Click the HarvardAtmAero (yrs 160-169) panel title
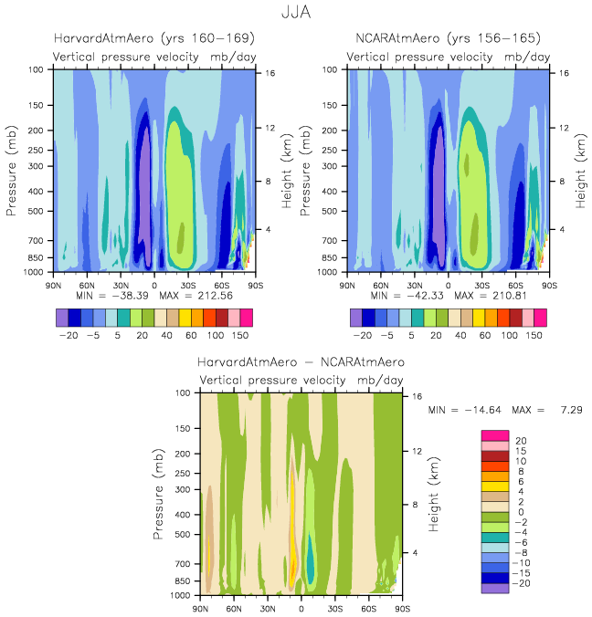pyautogui.click(x=153, y=38)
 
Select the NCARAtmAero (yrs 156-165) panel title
pyautogui.click(x=448, y=38)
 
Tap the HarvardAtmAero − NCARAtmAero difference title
pyautogui.click(x=301, y=362)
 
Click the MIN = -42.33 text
pyautogui.click(x=405, y=297)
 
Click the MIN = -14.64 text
pyautogui.click(x=461, y=413)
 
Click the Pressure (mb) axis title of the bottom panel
pyautogui.click(x=159, y=494)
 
